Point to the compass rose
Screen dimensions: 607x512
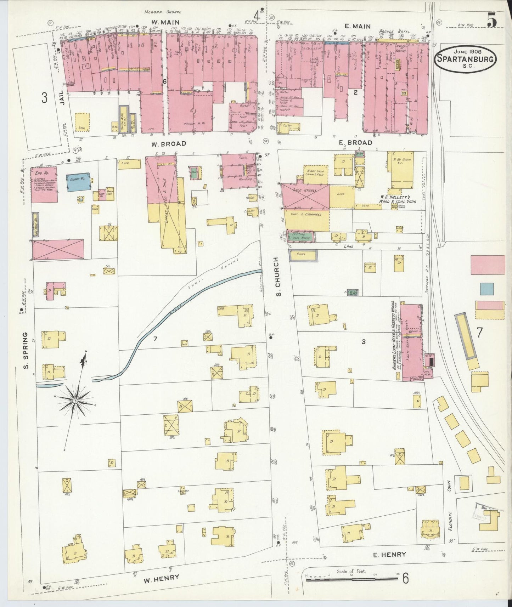click(75, 401)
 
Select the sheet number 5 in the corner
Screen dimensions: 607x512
click(492, 22)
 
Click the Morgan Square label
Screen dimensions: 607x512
click(163, 12)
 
